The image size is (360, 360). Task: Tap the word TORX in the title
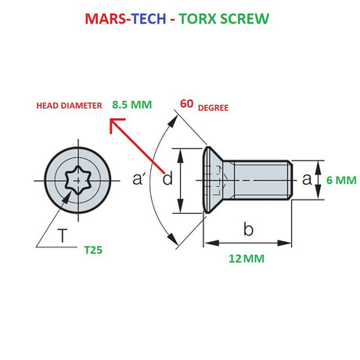tap(209, 18)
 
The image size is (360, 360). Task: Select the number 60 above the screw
tap(187, 103)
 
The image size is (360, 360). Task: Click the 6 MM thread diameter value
tap(340, 179)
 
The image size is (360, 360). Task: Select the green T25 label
tap(95, 251)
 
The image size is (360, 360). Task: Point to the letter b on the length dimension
tap(248, 230)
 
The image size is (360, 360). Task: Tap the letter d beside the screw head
tap(167, 179)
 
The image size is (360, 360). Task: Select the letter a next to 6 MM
tap(306, 179)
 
